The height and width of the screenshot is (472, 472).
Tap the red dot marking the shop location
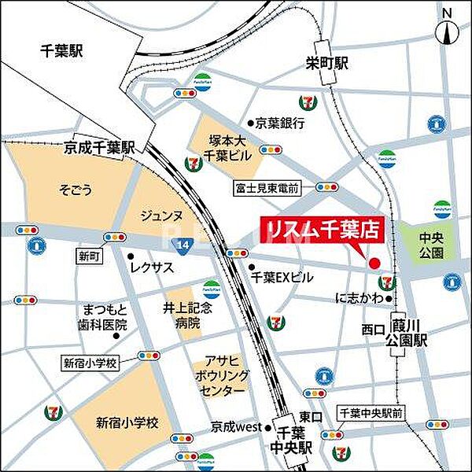pyautogui.click(x=374, y=263)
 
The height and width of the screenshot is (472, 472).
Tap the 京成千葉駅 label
pyautogui.click(x=100, y=147)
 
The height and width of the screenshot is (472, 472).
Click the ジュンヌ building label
pyautogui.click(x=162, y=214)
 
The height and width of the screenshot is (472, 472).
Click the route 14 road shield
pyautogui.click(x=183, y=246)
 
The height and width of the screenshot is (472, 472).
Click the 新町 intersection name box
pyautogui.click(x=86, y=256)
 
